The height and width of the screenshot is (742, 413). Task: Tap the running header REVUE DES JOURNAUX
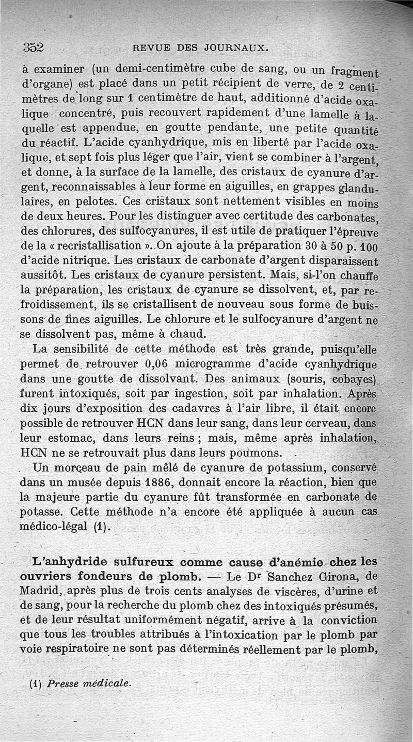[200, 49]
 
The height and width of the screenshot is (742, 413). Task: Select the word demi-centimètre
[155, 69]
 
